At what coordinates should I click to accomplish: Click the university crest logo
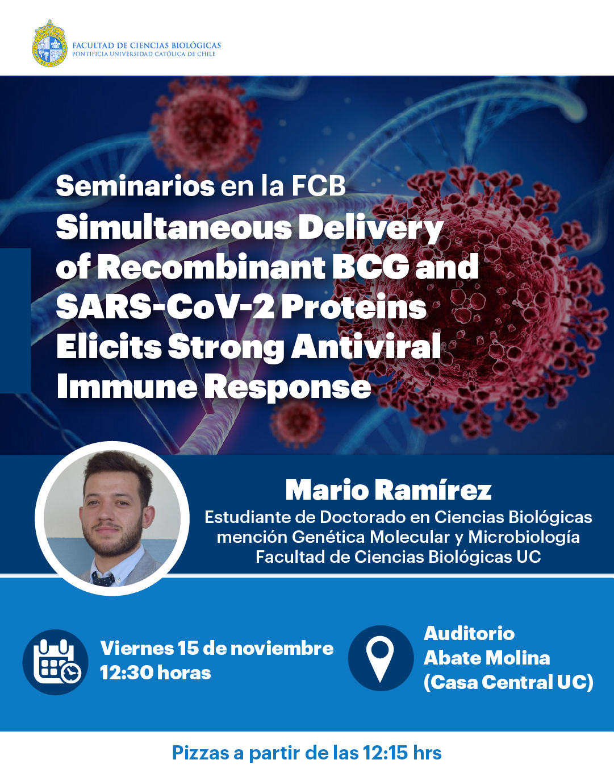point(49,43)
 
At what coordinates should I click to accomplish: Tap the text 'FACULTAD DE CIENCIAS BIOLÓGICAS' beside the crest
point(147,45)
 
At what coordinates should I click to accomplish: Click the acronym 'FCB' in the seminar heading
point(319,185)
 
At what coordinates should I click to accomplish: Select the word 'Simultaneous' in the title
point(174,228)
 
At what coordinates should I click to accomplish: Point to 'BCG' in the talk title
point(370,267)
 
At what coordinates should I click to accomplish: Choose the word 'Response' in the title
point(287,387)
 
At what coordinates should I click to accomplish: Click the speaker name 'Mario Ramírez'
point(389,491)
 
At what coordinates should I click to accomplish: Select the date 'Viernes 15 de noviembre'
point(217,648)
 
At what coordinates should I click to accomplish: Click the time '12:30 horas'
point(156,672)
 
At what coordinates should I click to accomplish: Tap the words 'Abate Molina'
point(487,658)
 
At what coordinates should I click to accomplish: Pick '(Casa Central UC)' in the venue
point(508,682)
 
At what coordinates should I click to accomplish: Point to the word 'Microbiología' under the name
point(524,537)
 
